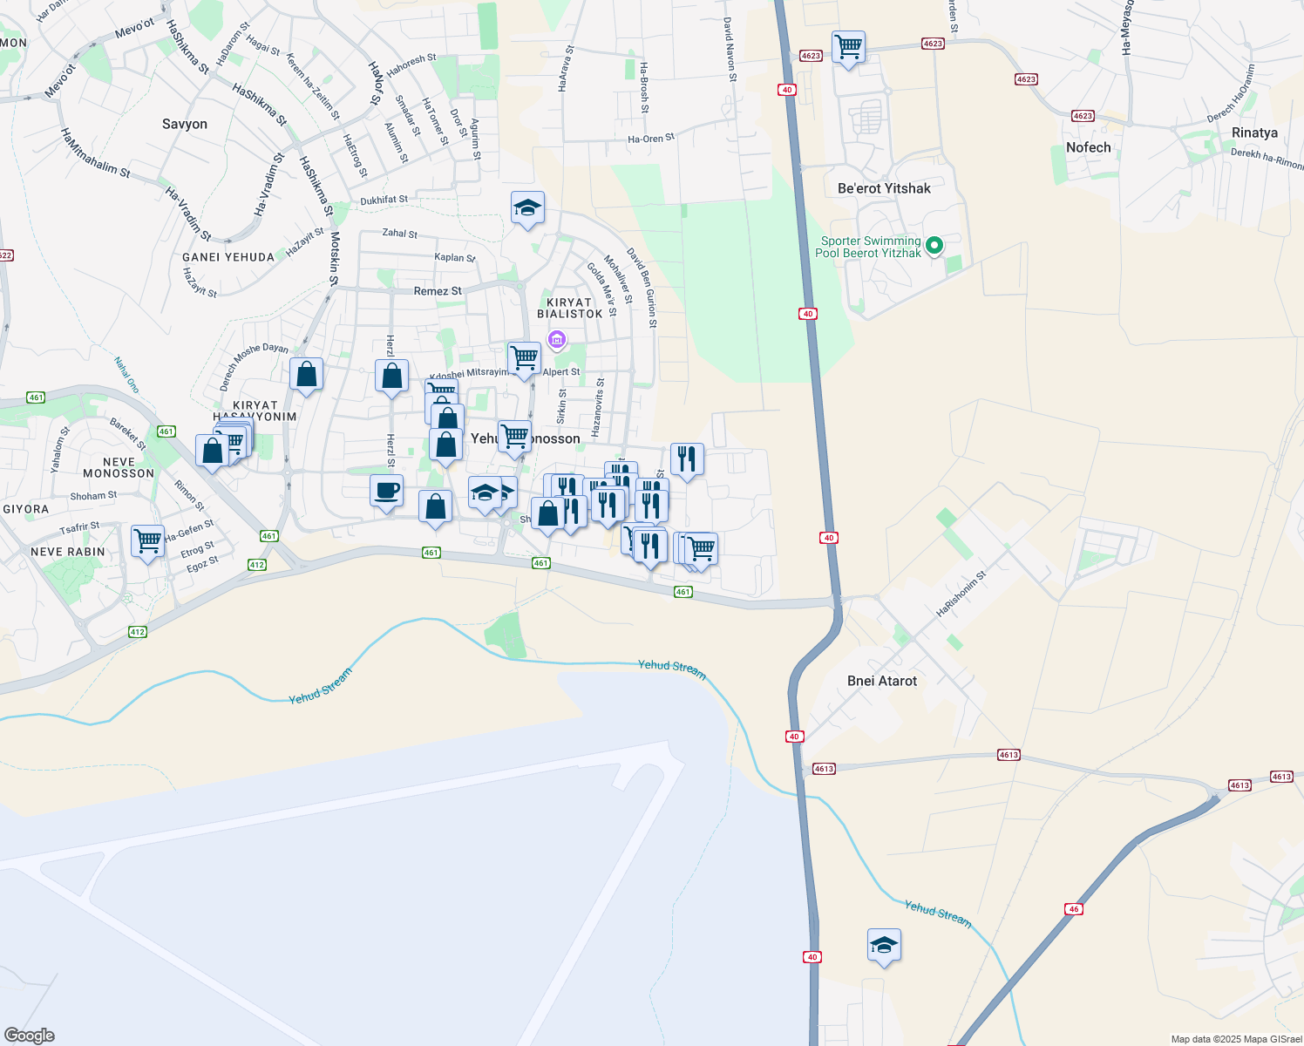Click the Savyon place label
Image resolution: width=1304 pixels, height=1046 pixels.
tap(185, 124)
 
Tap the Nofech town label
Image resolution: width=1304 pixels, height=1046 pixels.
tap(1089, 147)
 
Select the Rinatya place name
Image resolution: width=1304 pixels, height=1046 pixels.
tap(1254, 132)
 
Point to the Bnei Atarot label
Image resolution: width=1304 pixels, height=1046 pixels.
tap(882, 681)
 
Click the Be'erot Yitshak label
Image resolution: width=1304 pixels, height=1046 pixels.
tap(884, 188)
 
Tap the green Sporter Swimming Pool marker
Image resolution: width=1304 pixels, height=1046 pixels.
tap(934, 246)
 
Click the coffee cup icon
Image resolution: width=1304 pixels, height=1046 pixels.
tap(386, 491)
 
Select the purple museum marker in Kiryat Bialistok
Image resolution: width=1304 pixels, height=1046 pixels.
tap(557, 339)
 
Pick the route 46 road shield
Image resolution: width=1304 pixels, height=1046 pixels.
tap(1074, 909)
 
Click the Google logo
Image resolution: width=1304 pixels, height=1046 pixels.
tap(29, 1036)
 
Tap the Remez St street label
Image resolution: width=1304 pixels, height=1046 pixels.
tap(438, 291)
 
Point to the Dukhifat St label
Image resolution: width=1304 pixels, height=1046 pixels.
tap(384, 200)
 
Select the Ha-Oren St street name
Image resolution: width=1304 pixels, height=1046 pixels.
tap(651, 139)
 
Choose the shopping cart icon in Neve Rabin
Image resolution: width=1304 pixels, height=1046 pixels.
tap(147, 540)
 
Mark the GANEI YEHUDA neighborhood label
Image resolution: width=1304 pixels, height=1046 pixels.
tap(228, 257)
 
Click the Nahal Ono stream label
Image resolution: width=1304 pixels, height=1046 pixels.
tap(126, 374)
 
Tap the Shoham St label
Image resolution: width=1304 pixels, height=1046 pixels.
tap(93, 496)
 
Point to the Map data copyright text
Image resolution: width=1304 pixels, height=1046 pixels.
tap(1236, 1039)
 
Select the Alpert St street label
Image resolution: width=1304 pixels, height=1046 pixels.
tap(561, 372)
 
